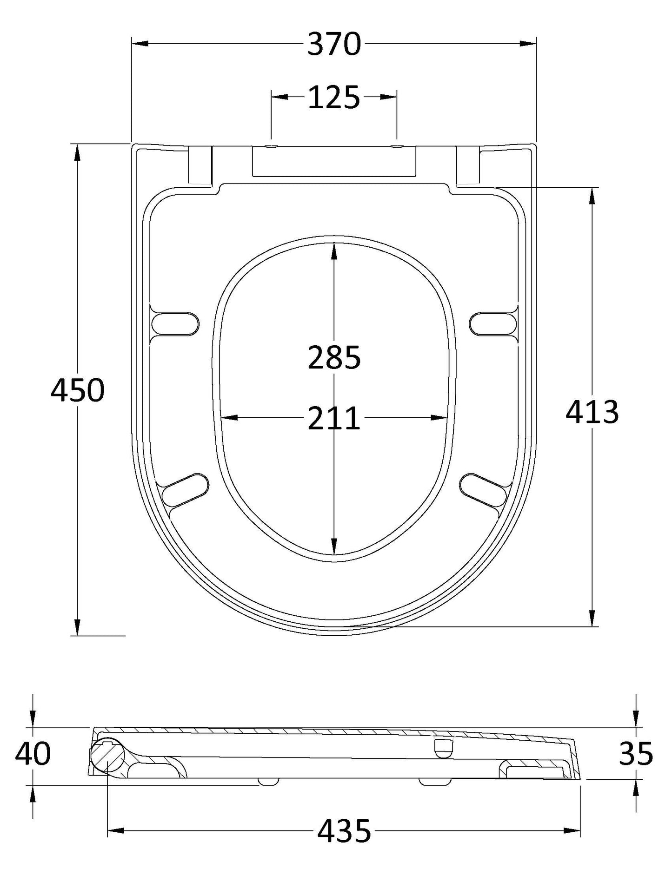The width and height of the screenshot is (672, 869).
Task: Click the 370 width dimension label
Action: [334, 44]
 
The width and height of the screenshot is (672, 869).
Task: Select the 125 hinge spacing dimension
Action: [334, 98]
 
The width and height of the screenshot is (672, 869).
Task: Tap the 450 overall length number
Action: [78, 390]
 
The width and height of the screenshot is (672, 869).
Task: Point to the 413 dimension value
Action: [592, 412]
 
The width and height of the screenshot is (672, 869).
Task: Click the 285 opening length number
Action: [334, 358]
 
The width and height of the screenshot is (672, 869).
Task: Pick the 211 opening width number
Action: [334, 418]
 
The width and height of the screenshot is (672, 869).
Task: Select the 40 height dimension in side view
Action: [33, 754]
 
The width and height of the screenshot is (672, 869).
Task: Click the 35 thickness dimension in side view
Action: [636, 754]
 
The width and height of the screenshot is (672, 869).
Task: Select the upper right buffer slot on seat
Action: [493, 323]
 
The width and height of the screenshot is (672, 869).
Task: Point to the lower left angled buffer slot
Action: [185, 489]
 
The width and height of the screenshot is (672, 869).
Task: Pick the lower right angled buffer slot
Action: [483, 489]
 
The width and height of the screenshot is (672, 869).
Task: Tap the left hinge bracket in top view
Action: [200, 165]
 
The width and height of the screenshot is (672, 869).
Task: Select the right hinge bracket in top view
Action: [467, 165]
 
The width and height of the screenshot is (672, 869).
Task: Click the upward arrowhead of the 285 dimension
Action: [334, 251]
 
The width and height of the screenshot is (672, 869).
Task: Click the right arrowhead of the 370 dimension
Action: [528, 44]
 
